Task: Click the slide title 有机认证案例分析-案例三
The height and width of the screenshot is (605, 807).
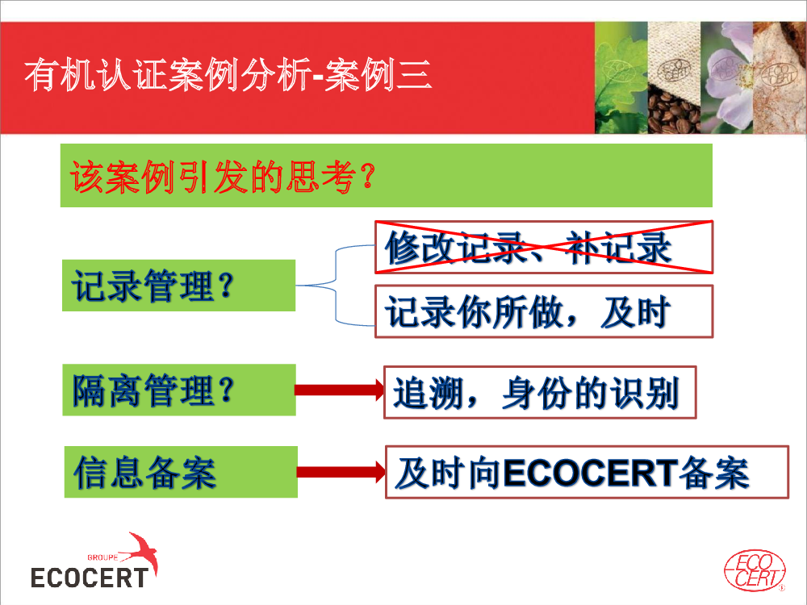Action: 228,75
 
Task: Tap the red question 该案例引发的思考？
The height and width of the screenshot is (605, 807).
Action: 223,177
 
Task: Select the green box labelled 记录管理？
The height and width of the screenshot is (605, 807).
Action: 178,286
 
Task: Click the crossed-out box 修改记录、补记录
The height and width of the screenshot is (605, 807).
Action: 543,247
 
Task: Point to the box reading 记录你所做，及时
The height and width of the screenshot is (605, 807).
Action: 543,311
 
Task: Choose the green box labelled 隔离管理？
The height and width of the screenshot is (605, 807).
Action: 179,390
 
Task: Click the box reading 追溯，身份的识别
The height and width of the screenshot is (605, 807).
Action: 540,393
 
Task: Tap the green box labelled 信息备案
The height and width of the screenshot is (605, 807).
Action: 181,472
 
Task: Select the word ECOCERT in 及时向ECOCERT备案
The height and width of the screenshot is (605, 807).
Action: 591,473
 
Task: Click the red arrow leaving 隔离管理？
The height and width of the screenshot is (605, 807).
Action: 339,390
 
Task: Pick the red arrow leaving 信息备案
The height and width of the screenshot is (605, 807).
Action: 341,472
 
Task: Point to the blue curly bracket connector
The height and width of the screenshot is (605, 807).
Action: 336,286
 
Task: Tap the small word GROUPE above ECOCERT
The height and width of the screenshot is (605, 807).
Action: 102,557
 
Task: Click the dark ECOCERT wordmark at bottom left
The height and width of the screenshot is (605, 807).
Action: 90,578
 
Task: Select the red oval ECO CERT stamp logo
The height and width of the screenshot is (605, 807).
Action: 755,570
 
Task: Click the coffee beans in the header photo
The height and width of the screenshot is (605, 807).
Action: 673,111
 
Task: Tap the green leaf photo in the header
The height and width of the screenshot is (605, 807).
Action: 621,77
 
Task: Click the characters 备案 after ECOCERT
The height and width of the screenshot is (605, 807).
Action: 714,473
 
